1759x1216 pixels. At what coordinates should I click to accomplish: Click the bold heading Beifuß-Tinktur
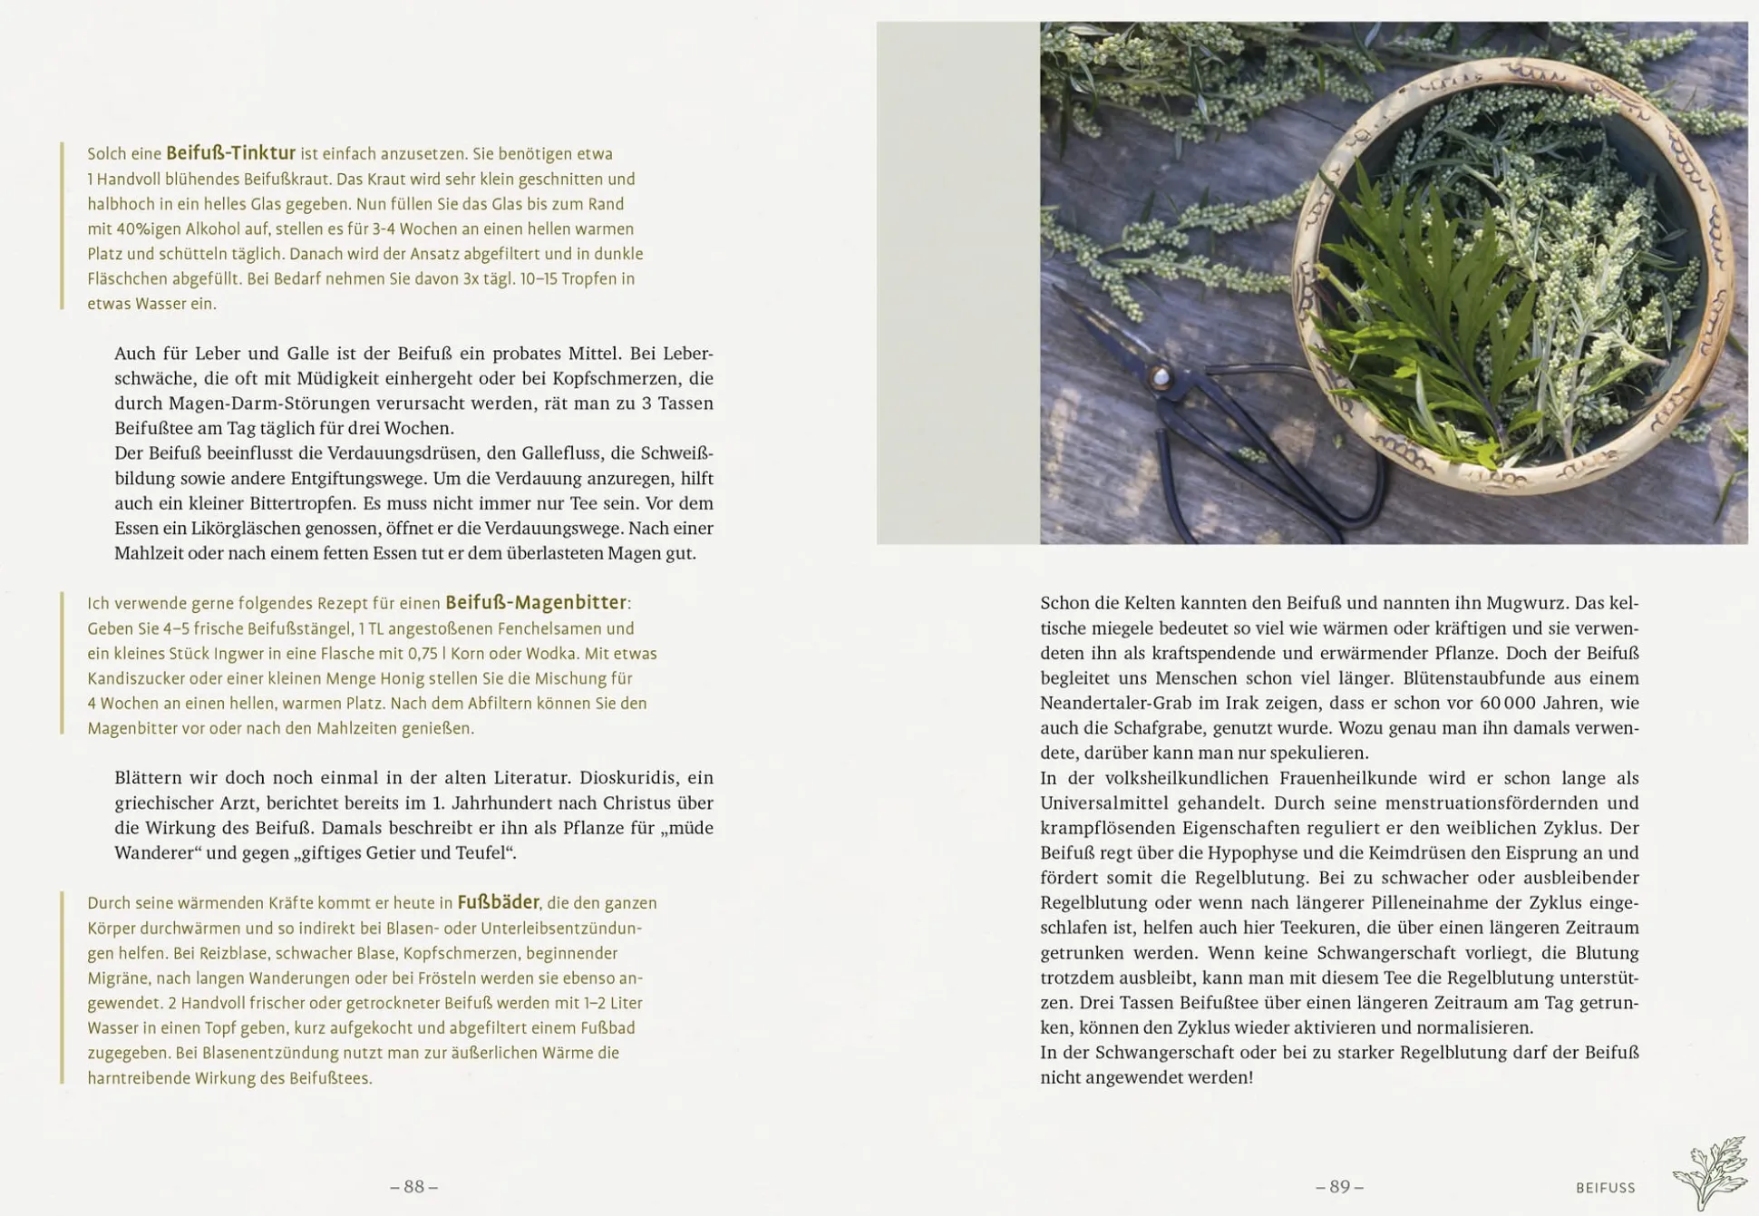point(230,153)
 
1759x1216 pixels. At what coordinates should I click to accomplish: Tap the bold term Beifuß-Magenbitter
point(535,602)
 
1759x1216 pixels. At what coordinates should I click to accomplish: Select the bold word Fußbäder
point(498,902)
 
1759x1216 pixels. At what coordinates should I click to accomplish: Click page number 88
point(414,1186)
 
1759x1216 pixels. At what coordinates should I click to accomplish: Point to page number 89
point(1339,1186)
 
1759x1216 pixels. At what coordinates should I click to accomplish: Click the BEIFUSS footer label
point(1605,1188)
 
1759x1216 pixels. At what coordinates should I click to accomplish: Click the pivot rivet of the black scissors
point(1160,377)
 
